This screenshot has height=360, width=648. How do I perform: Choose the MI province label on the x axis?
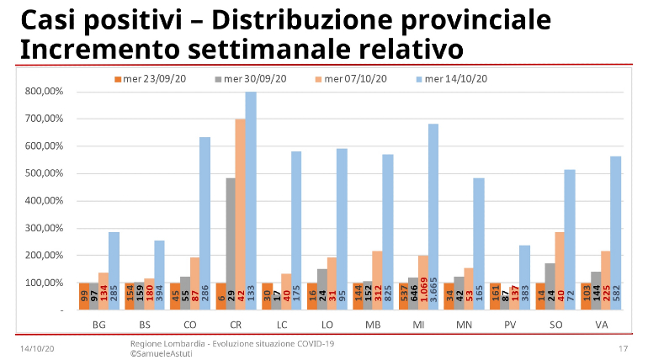click(x=417, y=323)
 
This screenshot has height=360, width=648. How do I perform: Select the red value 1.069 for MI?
click(x=423, y=294)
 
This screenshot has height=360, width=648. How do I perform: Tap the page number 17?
click(x=624, y=348)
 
